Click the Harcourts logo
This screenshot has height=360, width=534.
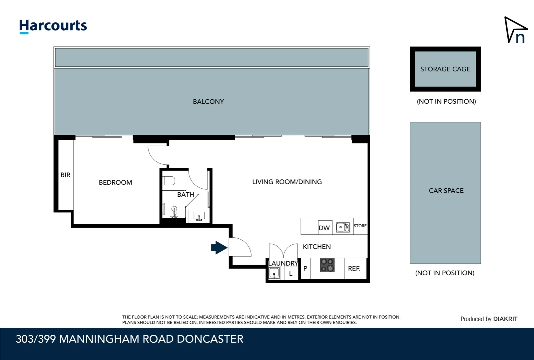(53, 26)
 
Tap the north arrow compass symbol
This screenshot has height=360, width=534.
(515, 30)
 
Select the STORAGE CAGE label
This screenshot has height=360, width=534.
(445, 69)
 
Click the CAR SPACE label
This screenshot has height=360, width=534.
(446, 191)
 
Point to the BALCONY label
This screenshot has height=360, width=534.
(208, 102)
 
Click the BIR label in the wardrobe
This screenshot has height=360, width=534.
(65, 175)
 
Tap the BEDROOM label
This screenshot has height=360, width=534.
(115, 182)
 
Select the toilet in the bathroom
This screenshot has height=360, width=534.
(169, 181)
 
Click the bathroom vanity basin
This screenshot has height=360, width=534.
(199, 216)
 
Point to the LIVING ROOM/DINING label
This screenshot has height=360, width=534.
(287, 182)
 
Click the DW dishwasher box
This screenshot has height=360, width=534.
(324, 227)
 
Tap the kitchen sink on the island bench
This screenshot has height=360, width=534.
(342, 227)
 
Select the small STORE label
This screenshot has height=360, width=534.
(360, 226)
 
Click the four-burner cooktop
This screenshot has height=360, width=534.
(327, 265)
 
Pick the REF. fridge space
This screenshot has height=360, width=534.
(354, 268)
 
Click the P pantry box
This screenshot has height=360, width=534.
(305, 268)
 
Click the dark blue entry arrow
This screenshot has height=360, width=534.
(219, 248)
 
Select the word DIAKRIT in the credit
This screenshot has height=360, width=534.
(505, 319)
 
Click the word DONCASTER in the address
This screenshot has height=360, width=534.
(210, 339)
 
